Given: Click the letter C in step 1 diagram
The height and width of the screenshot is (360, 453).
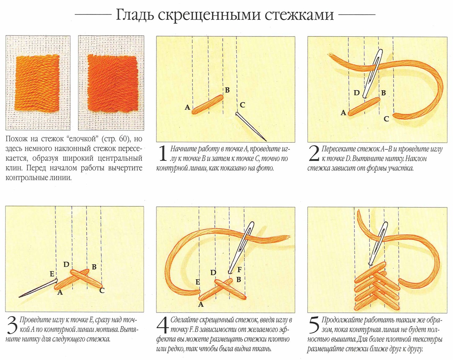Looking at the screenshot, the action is [242, 105].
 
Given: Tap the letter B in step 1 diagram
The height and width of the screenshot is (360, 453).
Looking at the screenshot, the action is [227, 90].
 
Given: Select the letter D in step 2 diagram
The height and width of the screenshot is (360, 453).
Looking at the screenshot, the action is [357, 93].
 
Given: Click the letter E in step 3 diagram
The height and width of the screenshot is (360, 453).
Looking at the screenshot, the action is [52, 274].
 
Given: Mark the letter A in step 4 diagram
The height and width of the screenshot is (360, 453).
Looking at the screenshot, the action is [201, 304].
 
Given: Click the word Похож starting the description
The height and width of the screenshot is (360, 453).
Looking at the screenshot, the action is [17, 139].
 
